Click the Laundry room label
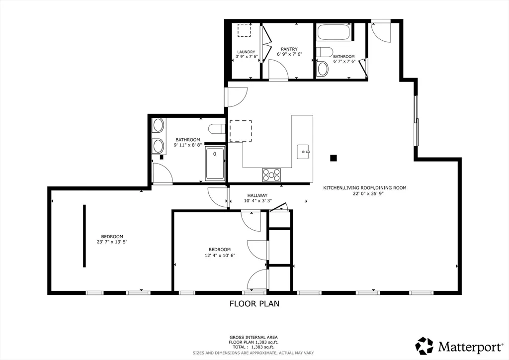[x=246, y=52]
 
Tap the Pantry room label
[x=289, y=49]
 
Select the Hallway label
[x=257, y=195]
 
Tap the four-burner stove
[x=271, y=175]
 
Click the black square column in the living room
[x=334, y=158]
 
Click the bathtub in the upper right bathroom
[x=334, y=32]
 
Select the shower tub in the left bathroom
[x=215, y=163]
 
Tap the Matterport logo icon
[x=424, y=346]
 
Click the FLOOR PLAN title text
[x=254, y=303]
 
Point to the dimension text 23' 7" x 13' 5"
[x=112, y=242]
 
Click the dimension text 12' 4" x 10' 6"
[x=220, y=255]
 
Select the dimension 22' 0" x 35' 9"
[x=365, y=193]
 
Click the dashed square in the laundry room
[x=245, y=30]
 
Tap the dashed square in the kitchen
[x=241, y=131]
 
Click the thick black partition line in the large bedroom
[x=85, y=236]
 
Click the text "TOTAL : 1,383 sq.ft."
[x=254, y=347]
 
